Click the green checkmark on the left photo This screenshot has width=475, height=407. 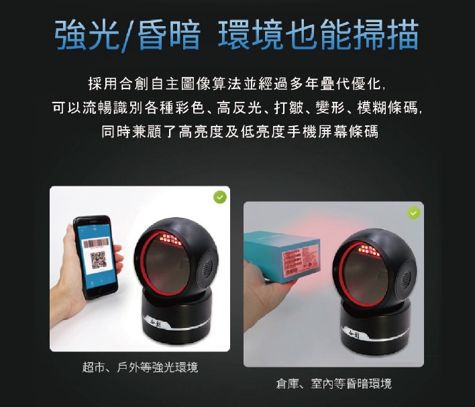[220, 197]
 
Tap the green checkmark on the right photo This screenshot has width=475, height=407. [413, 213]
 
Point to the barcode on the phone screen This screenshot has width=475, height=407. [96, 242]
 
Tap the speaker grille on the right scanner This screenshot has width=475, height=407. [407, 278]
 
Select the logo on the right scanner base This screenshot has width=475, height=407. [354, 334]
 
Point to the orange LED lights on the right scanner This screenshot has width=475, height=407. [368, 250]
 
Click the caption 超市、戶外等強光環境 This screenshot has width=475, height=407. [140, 367]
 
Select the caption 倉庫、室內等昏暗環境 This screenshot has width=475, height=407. [333, 384]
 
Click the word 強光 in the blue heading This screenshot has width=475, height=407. [87, 34]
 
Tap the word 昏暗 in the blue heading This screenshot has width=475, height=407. [170, 34]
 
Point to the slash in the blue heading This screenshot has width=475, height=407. [128, 35]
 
